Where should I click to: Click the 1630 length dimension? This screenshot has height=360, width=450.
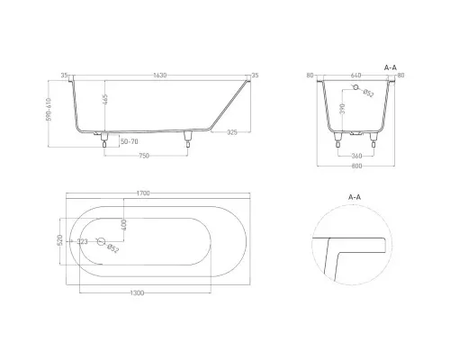pyautogui.click(x=160, y=76)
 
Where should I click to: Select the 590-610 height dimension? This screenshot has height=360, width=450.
pyautogui.click(x=49, y=110)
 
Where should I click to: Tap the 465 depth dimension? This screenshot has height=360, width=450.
pyautogui.click(x=105, y=99)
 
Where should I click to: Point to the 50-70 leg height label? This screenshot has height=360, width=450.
pyautogui.click(x=130, y=141)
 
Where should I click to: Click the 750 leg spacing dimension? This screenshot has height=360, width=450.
pyautogui.click(x=144, y=156)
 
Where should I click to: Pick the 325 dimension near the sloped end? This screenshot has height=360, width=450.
pyautogui.click(x=232, y=132)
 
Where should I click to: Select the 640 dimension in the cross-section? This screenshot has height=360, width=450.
pyautogui.click(x=355, y=75)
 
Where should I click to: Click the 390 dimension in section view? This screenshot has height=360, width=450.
pyautogui.click(x=343, y=109)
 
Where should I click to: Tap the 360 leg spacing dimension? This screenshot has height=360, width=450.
pyautogui.click(x=356, y=156)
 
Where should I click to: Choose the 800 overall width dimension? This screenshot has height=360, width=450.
pyautogui.click(x=356, y=166)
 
